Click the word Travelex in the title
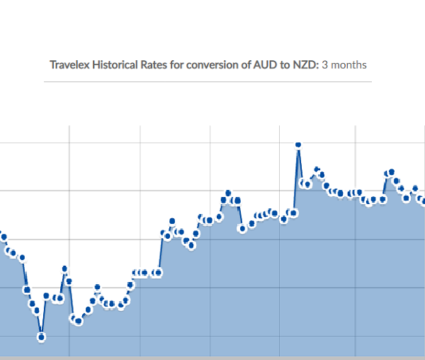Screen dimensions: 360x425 (70, 64)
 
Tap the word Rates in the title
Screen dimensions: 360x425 (156, 64)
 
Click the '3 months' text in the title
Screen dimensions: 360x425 (344, 64)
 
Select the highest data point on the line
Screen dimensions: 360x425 (298, 145)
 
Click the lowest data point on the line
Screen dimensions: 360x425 (42, 337)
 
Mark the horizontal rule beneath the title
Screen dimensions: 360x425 (208, 81)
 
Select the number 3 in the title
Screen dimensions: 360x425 (325, 64)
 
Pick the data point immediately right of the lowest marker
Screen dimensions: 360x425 (47, 296)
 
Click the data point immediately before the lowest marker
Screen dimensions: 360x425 (37, 310)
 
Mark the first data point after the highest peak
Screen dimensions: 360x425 (302, 183)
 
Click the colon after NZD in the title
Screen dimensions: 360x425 (318, 64)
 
